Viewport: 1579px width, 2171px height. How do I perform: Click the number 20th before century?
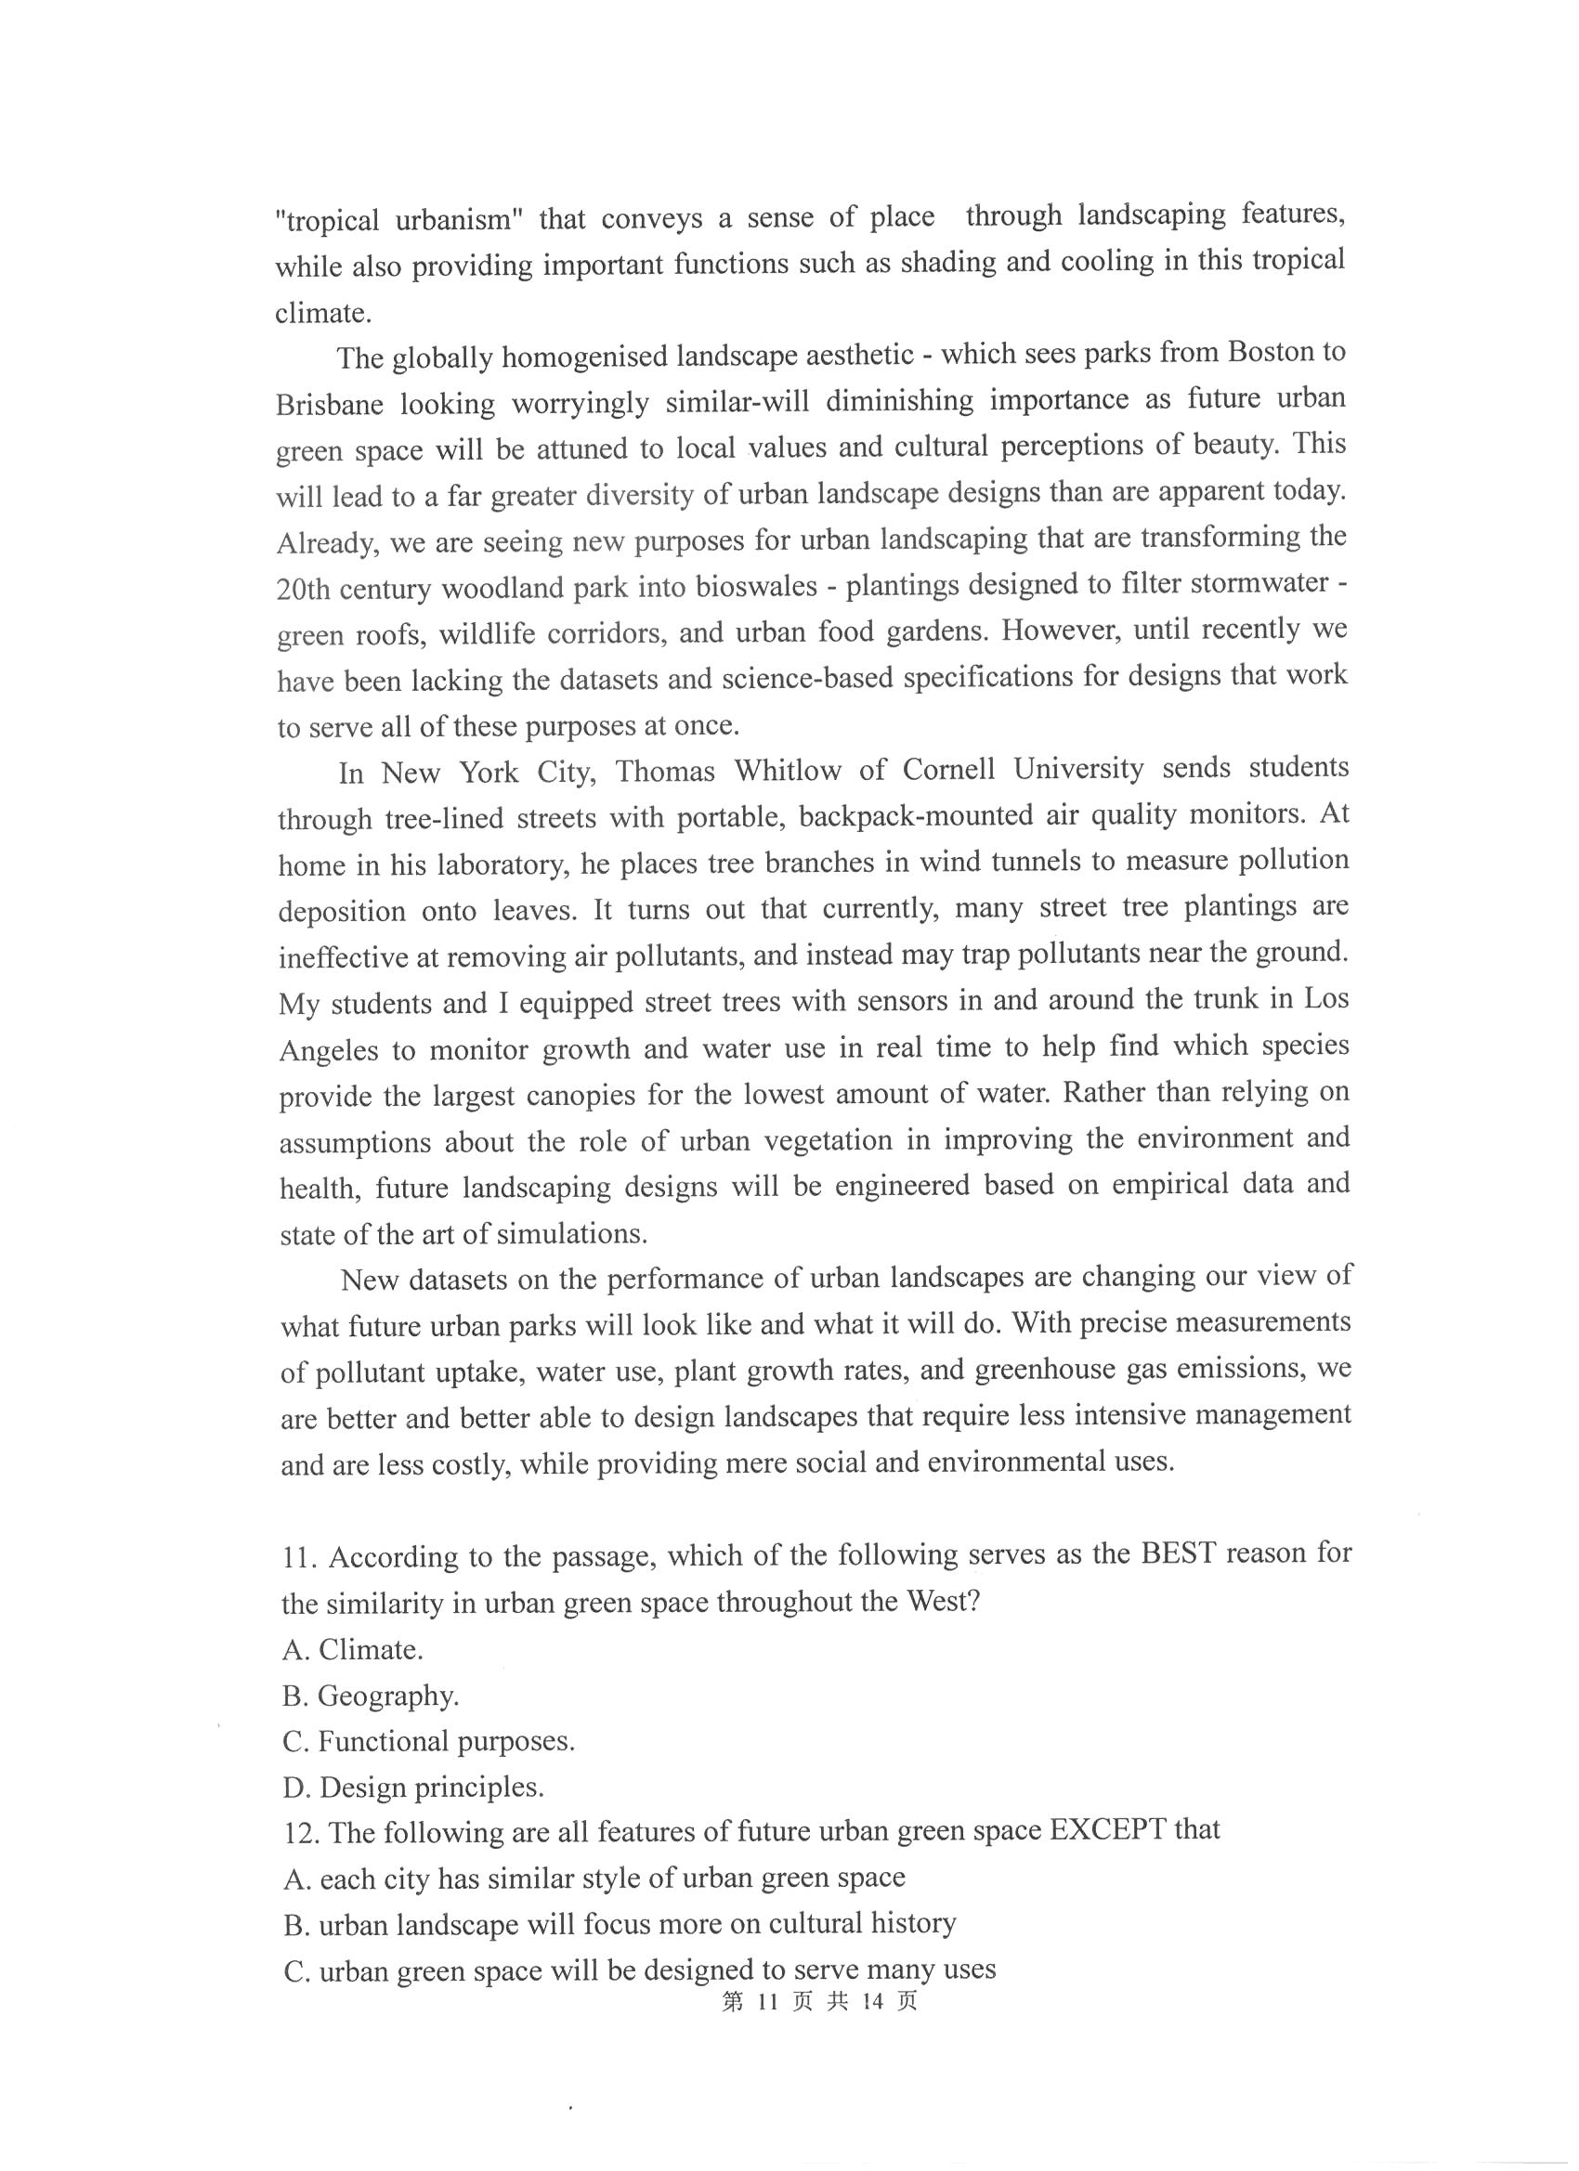click(304, 590)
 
